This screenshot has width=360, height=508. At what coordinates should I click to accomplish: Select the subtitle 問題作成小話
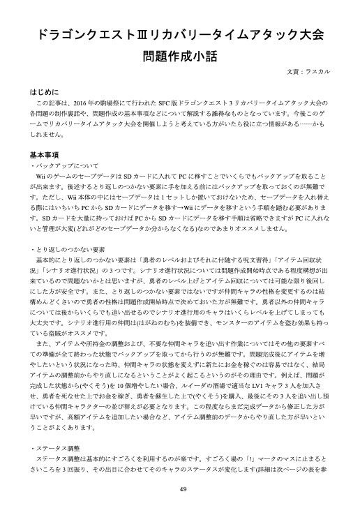click(179, 56)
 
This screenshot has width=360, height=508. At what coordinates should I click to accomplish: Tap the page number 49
click(179, 488)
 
